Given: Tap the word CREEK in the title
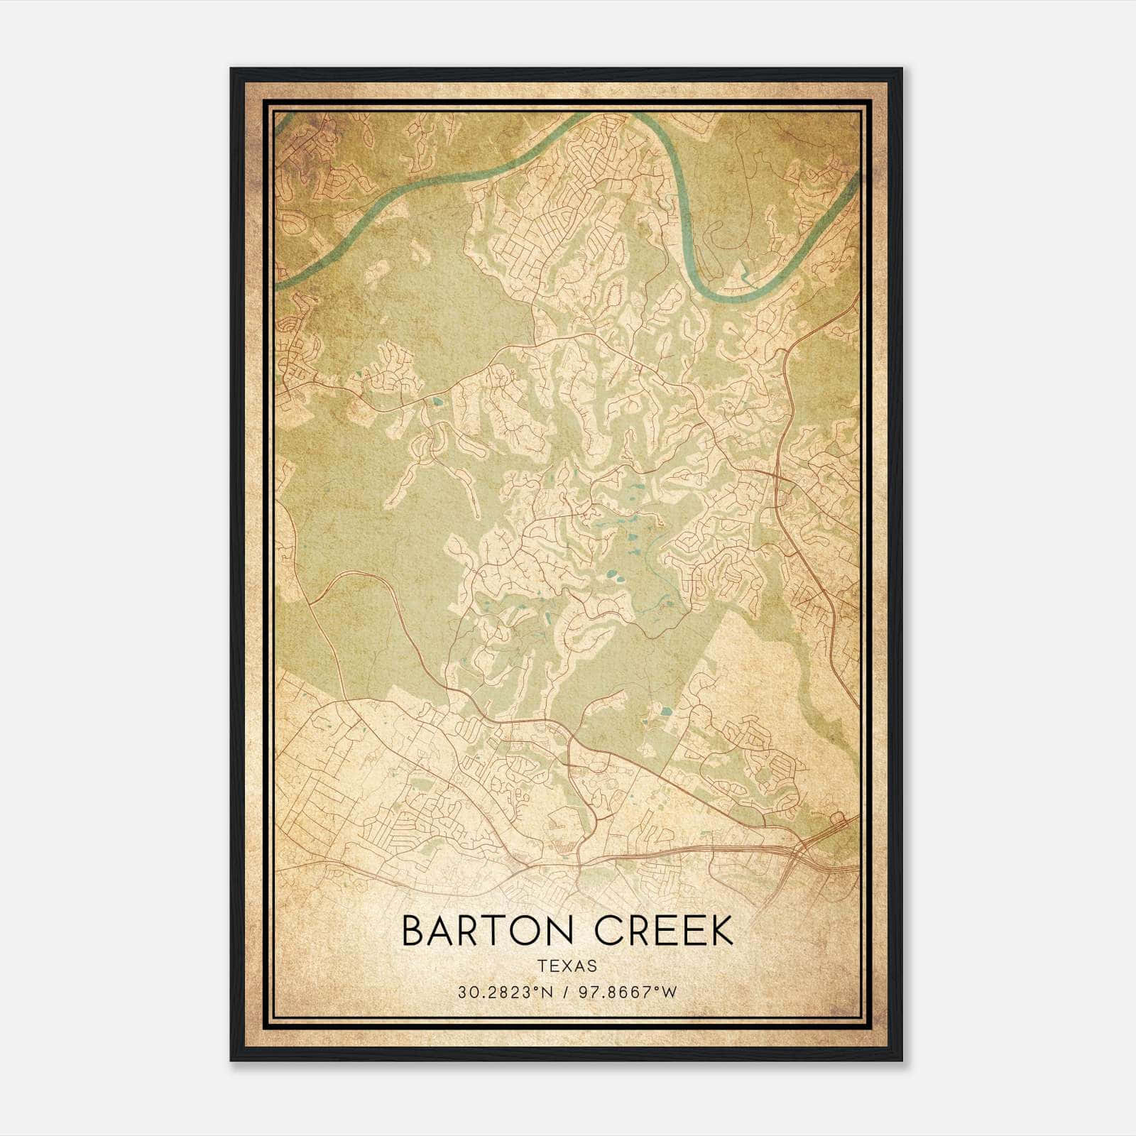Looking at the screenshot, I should pos(664,931).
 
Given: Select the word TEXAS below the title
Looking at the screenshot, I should pos(567,966).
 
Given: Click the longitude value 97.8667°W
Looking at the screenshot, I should pos(629,993).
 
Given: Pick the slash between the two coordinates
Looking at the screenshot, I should pos(565,993).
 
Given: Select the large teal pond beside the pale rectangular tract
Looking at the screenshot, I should pos(665,710).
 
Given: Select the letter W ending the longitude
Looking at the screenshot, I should pos(670,993).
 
